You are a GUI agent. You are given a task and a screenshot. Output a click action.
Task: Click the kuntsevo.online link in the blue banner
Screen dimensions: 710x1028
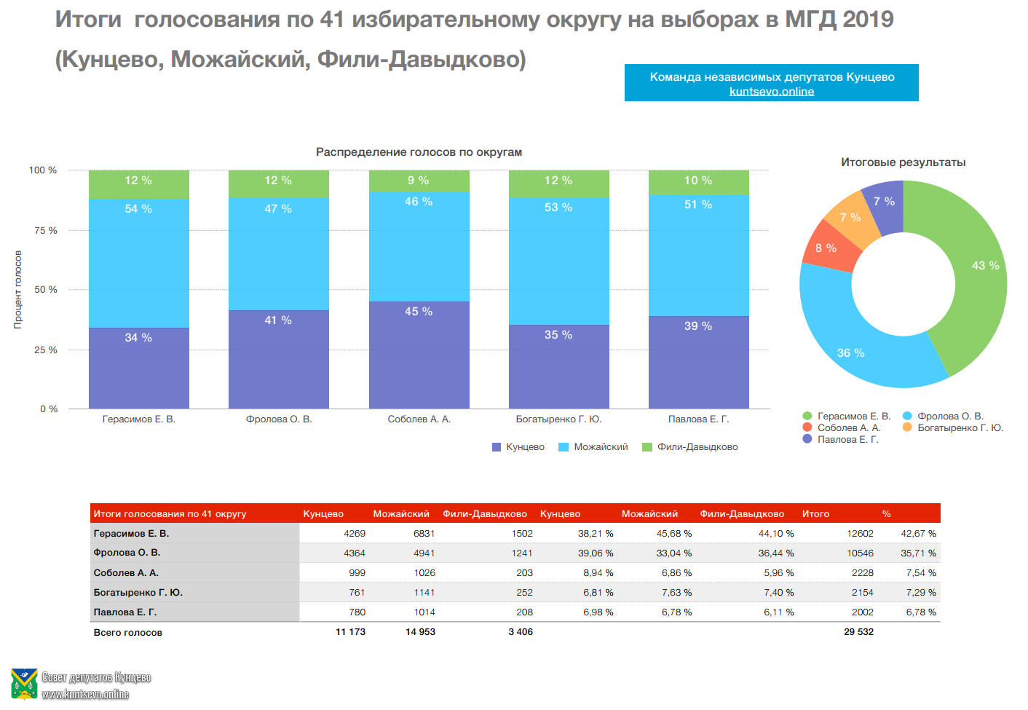(772, 92)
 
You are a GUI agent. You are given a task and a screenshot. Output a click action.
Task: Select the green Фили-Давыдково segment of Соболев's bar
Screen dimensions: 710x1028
(419, 181)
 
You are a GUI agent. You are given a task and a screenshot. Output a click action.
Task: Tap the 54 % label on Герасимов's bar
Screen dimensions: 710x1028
(138, 209)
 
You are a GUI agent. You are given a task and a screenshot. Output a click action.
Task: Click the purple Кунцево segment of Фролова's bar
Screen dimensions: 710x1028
(278, 360)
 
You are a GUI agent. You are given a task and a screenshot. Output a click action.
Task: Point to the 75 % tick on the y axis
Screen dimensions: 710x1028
(45, 231)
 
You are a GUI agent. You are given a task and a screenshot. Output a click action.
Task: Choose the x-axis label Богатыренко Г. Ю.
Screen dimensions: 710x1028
(558, 419)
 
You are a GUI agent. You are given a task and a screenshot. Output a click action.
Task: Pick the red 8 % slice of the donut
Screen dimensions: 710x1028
(827, 248)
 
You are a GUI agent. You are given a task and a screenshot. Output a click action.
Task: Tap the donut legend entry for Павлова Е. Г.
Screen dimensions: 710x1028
(847, 440)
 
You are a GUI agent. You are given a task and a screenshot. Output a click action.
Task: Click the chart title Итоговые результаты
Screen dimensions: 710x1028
(903, 162)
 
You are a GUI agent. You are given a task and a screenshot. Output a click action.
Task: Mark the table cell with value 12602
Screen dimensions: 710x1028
(860, 534)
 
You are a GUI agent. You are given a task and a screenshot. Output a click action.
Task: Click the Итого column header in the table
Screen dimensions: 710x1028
(815, 514)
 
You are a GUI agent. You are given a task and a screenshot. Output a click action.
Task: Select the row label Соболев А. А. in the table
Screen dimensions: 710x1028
(126, 573)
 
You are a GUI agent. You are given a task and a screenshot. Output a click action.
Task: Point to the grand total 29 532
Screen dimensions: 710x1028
(858, 632)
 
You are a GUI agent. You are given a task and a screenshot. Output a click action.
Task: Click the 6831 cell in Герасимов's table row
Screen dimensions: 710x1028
(424, 534)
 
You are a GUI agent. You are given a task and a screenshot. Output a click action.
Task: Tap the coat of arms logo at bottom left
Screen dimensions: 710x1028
(24, 685)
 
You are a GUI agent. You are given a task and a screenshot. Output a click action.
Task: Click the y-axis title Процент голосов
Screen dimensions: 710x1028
(17, 290)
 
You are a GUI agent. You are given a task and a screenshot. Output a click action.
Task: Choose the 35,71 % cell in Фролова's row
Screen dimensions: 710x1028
(918, 553)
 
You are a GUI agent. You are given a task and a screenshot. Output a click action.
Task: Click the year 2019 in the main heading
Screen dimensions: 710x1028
(868, 20)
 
